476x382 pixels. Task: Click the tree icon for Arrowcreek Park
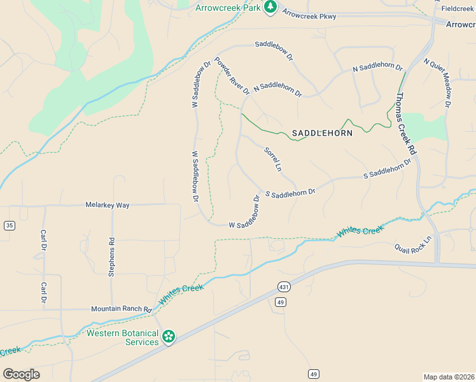pos(270,7)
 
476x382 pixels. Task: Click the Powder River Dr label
pos(232,76)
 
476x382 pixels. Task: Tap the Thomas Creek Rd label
pos(405,124)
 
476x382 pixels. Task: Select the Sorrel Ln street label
pos(272,160)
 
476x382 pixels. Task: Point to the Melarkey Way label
pos(108,205)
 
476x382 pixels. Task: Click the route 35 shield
pos(9,225)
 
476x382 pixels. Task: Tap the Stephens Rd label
pos(112,257)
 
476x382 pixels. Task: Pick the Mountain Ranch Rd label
pos(121,309)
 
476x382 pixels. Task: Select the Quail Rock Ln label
pos(412,244)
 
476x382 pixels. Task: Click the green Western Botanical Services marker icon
pos(169,336)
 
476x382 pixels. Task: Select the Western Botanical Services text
pos(123,337)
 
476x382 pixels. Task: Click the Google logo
pos(21,374)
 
